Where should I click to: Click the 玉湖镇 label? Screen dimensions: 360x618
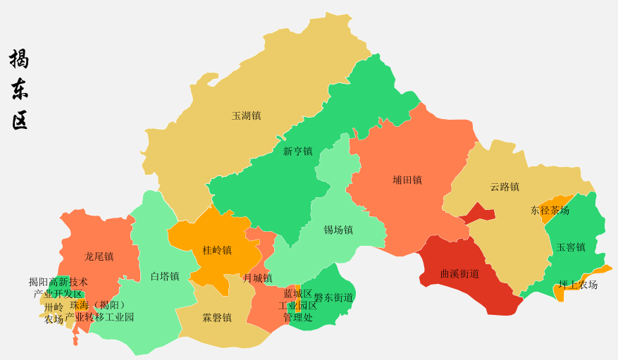click(246, 116)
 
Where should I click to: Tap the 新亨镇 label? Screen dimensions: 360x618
click(297, 151)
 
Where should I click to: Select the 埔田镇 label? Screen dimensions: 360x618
click(407, 180)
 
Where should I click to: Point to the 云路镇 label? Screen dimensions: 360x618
click(505, 187)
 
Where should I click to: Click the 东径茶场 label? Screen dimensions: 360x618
click(550, 210)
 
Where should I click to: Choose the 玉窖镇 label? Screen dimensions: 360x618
click(571, 247)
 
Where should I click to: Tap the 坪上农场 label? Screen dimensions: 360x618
click(578, 285)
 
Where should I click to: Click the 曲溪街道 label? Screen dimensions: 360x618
click(459, 273)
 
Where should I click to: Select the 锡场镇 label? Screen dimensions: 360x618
click(338, 230)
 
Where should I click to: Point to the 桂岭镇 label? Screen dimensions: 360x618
click(217, 250)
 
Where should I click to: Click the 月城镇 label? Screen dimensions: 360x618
click(257, 278)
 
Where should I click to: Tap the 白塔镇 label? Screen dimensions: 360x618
click(165, 276)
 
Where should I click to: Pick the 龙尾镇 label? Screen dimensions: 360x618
click(99, 256)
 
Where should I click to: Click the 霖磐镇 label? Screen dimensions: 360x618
click(217, 318)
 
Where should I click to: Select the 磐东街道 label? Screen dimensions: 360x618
click(333, 298)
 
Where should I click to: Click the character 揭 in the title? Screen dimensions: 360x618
click(19, 58)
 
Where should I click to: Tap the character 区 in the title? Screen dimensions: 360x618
click(19, 120)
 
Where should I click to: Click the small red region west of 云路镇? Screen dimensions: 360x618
click(479, 212)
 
